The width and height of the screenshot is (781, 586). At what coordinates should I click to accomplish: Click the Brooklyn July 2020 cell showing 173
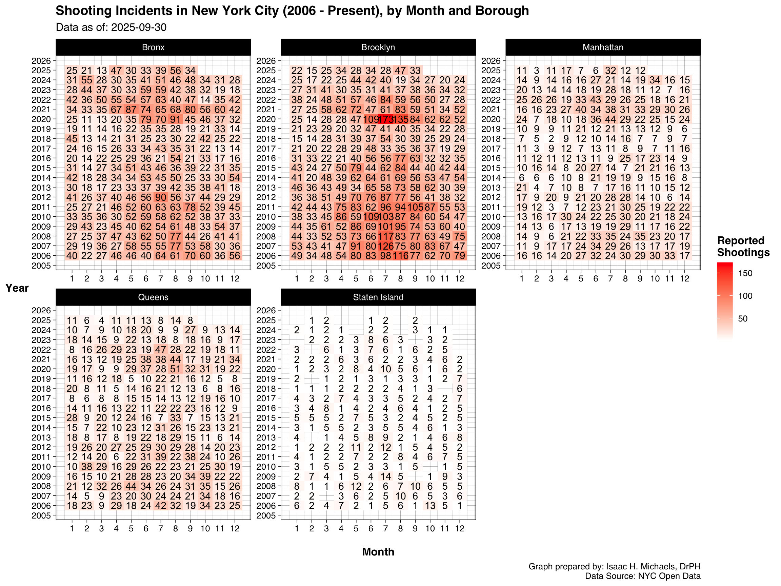[385, 119]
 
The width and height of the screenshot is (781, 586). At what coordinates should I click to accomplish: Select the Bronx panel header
[153, 47]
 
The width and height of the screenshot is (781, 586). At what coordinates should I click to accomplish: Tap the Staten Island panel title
[378, 297]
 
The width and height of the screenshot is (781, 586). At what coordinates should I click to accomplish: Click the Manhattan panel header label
[603, 47]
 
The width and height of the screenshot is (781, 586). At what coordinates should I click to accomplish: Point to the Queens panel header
[153, 297]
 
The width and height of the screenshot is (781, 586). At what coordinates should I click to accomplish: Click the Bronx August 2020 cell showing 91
[176, 119]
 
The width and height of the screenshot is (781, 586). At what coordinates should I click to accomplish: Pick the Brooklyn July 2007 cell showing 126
[385, 246]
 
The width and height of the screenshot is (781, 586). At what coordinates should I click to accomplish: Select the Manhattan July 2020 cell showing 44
[610, 119]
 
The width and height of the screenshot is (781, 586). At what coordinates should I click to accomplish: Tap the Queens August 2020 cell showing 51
[176, 369]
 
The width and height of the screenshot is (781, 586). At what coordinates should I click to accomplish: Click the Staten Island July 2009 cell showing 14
[385, 476]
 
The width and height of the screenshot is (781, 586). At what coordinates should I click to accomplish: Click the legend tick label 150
[745, 273]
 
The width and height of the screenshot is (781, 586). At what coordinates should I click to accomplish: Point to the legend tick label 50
[742, 319]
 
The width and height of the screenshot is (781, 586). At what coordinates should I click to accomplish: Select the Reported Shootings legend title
[743, 247]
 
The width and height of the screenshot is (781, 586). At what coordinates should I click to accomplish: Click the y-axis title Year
[17, 288]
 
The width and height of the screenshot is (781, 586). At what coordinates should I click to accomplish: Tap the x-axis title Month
[378, 552]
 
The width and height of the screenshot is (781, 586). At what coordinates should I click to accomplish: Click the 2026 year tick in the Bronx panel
[41, 61]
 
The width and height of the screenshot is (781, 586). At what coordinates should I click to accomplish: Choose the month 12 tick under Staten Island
[459, 528]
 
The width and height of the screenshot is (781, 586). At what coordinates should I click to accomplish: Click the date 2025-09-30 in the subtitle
[138, 27]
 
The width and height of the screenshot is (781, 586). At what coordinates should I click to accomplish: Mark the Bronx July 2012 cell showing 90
[161, 197]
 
